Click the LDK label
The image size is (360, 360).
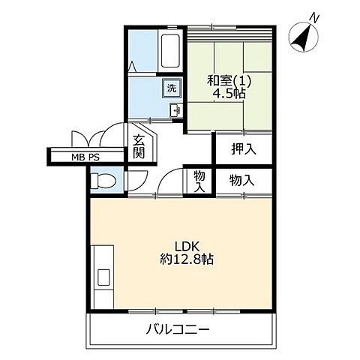tap(186, 246)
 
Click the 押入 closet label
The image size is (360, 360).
tap(243, 148)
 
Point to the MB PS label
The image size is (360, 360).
tap(85, 157)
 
